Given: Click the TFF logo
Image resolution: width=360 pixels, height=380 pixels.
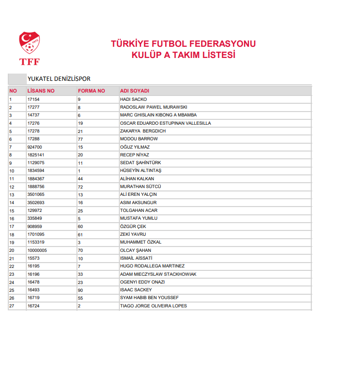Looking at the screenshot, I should pyautogui.click(x=29, y=48).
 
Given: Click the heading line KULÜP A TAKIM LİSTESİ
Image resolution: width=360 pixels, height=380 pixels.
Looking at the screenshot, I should pyautogui.click(x=183, y=55).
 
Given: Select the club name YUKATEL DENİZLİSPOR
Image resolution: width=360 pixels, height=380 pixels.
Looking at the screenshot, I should pyautogui.click(x=59, y=78).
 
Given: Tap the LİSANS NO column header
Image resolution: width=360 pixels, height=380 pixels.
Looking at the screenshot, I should pyautogui.click(x=41, y=91).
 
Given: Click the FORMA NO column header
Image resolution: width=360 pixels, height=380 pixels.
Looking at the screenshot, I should pyautogui.click(x=91, y=91).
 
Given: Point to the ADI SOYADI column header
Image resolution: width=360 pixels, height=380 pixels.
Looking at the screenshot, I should pyautogui.click(x=134, y=91).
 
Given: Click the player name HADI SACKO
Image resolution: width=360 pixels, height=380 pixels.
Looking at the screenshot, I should pyautogui.click(x=133, y=99).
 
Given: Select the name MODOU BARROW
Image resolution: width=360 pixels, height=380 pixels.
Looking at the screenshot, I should pyautogui.click(x=139, y=139).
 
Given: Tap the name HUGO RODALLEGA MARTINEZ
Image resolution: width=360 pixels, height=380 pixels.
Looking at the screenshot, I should pyautogui.click(x=152, y=266).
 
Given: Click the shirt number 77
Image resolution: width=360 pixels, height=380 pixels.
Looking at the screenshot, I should pyautogui.click(x=80, y=139).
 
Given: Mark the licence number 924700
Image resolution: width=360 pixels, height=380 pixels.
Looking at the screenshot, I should pyautogui.click(x=35, y=147).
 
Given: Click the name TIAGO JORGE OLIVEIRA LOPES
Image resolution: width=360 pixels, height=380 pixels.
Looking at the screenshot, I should pyautogui.click(x=153, y=306).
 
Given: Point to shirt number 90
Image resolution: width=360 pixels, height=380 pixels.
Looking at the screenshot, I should pyautogui.click(x=80, y=290).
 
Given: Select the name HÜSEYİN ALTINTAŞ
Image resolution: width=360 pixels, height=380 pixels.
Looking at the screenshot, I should pyautogui.click(x=141, y=171).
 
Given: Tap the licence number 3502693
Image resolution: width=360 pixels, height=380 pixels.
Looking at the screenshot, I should pyautogui.click(x=36, y=203).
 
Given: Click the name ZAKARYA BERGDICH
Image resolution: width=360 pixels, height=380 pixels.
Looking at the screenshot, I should pyautogui.click(x=143, y=131).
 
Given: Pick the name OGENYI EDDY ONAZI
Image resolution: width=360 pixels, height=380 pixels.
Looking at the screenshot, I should pyautogui.click(x=142, y=282).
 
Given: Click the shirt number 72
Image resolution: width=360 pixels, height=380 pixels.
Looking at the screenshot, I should pyautogui.click(x=80, y=187).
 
